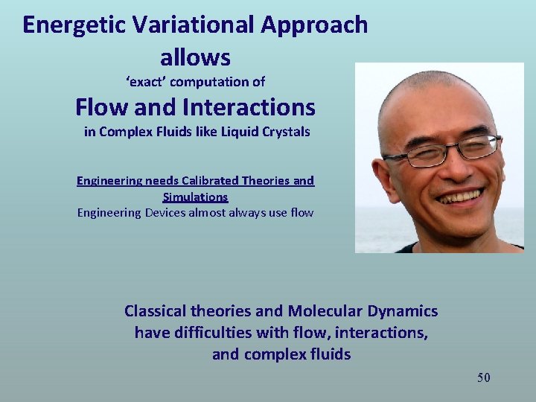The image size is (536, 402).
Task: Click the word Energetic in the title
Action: pyautogui.click(x=66, y=25)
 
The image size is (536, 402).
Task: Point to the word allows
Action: pyautogui.click(x=195, y=57)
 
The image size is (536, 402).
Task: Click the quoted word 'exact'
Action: pyautogui.click(x=146, y=82)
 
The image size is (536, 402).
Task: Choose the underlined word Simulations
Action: pyautogui.click(x=195, y=197)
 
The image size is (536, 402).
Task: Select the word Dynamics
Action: pyautogui.click(x=403, y=311)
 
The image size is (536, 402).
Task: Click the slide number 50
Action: pyautogui.click(x=483, y=378)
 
